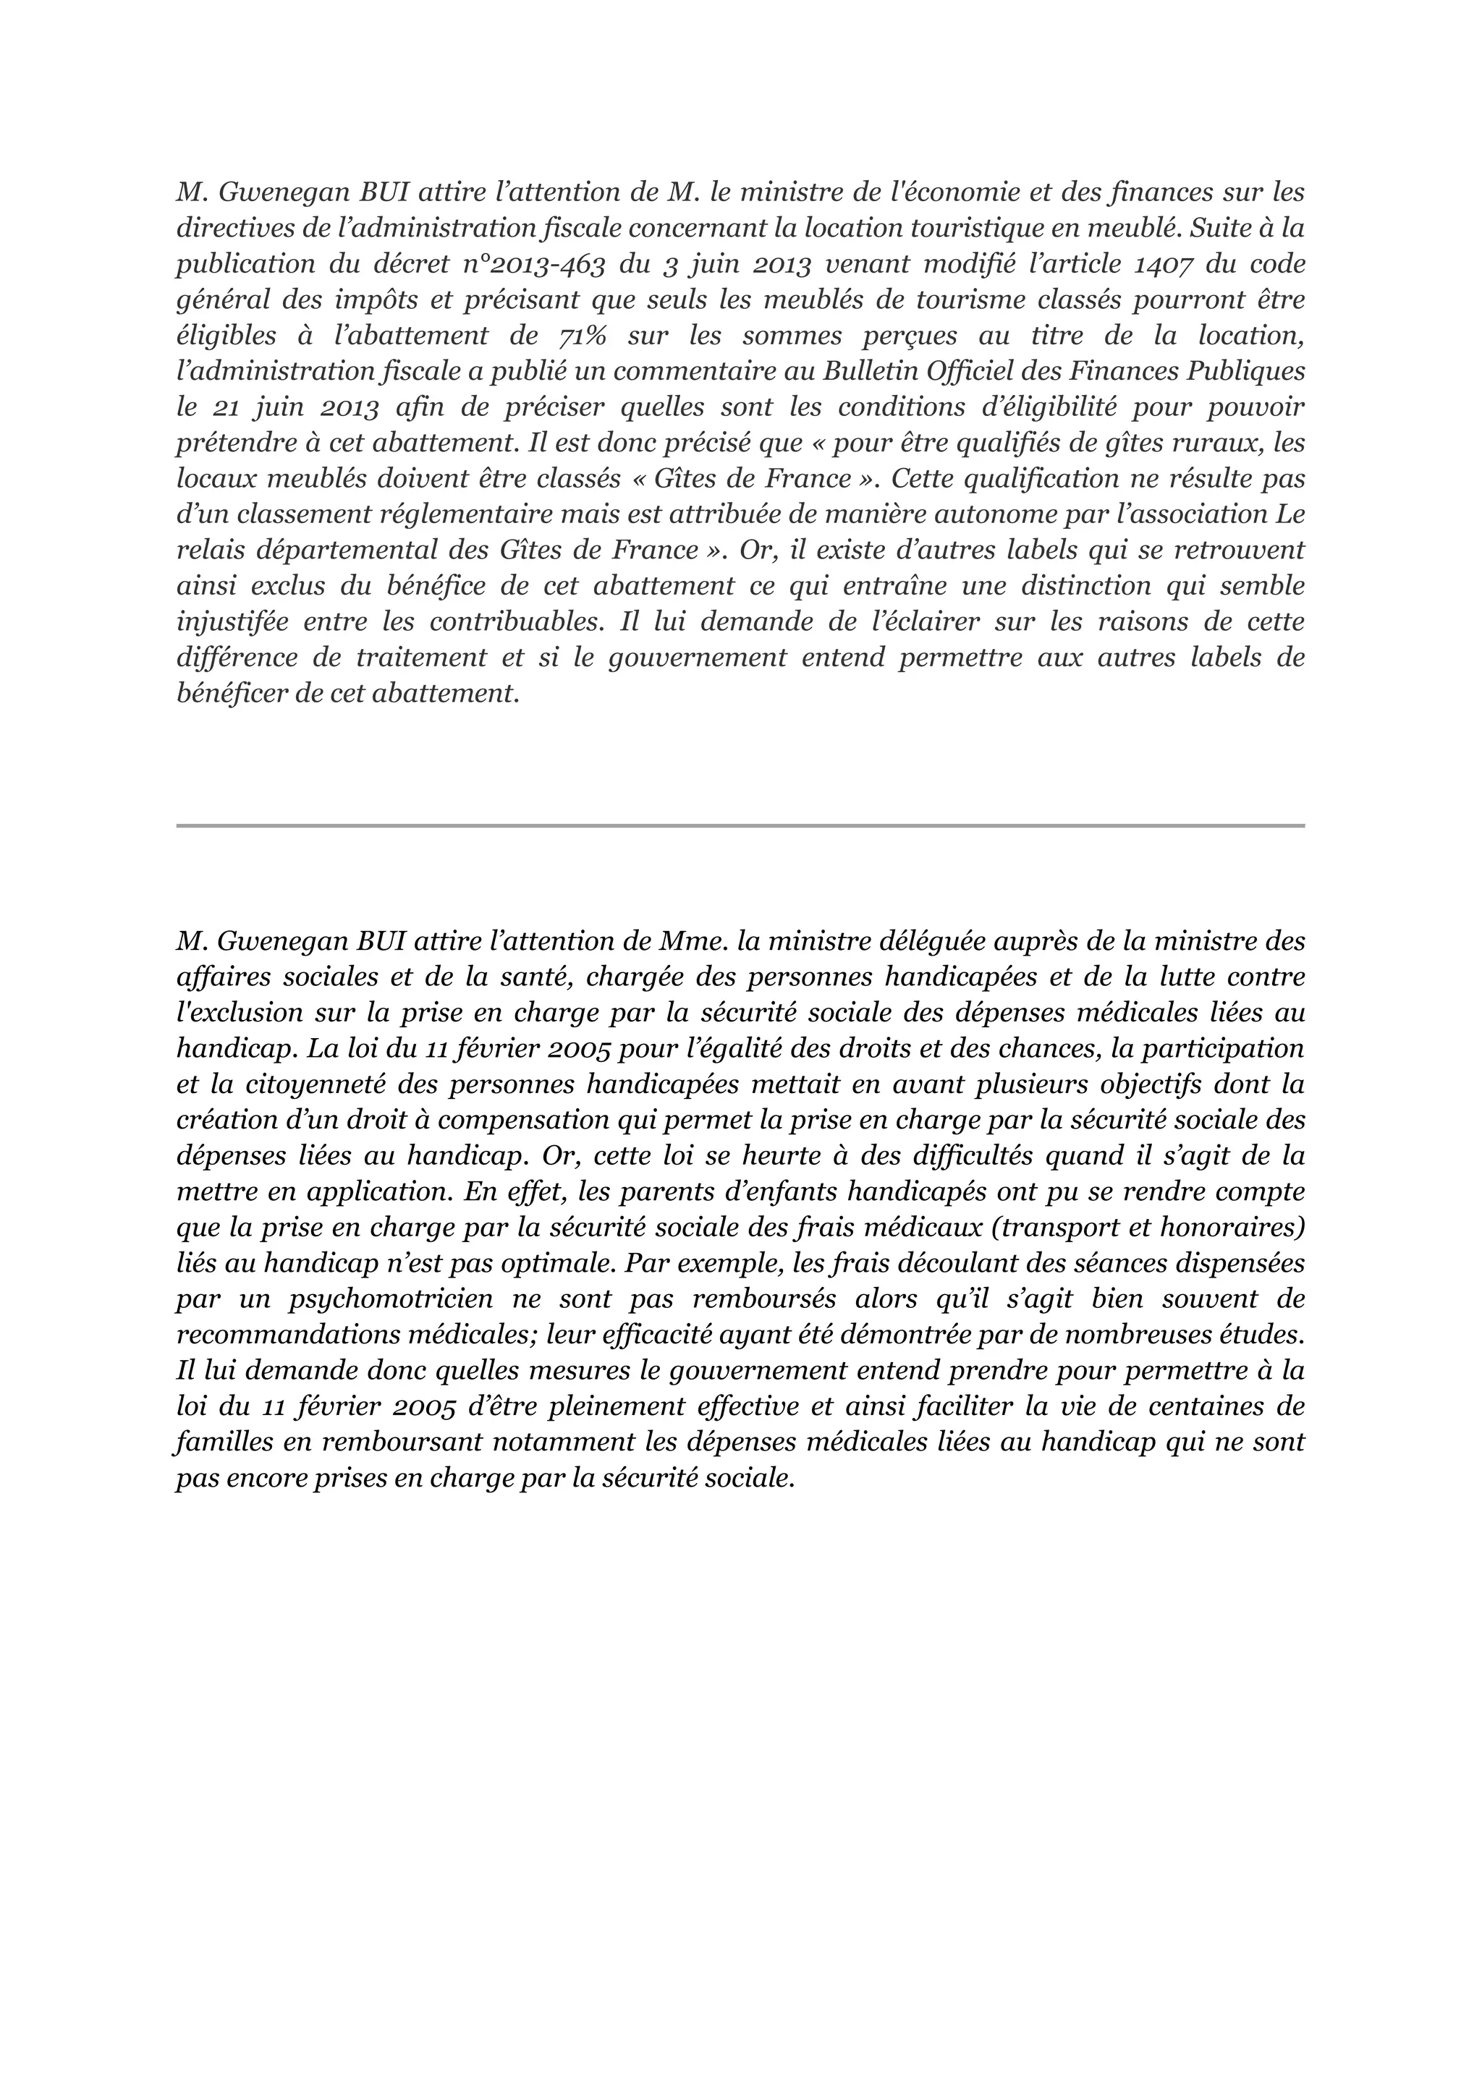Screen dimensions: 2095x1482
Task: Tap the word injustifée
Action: pos(232,622)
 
